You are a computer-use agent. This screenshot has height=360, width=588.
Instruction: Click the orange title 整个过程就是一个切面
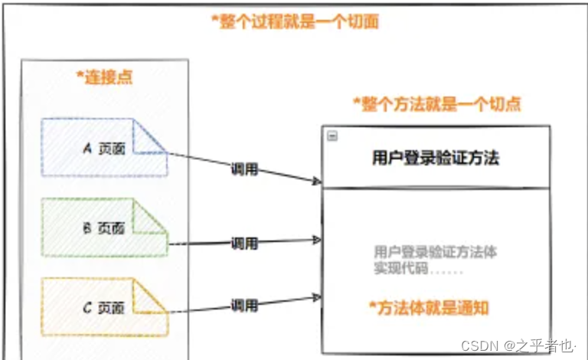(296, 21)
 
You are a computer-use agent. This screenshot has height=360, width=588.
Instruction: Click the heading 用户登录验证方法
(436, 159)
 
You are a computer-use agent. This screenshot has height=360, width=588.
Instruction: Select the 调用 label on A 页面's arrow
(245, 169)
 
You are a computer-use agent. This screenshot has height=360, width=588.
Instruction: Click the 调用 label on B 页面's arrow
(245, 244)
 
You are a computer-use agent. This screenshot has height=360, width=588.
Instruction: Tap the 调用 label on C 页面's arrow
(245, 305)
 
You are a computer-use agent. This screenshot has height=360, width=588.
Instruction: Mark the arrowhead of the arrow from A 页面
(316, 181)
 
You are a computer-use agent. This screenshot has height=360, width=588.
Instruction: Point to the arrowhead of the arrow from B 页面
(317, 240)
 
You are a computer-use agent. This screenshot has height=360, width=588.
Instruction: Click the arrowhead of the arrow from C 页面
(317, 294)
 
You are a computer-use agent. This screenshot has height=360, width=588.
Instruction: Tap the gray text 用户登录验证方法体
(436, 251)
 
